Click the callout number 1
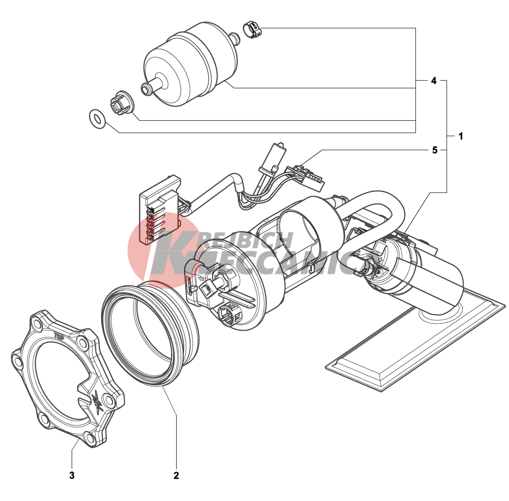(x=461, y=136)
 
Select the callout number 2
(x=176, y=475)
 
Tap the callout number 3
(x=72, y=475)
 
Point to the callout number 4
(x=434, y=81)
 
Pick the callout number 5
(x=435, y=150)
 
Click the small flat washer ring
(x=97, y=119)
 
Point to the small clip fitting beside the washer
(x=122, y=103)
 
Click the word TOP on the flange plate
(x=59, y=336)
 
